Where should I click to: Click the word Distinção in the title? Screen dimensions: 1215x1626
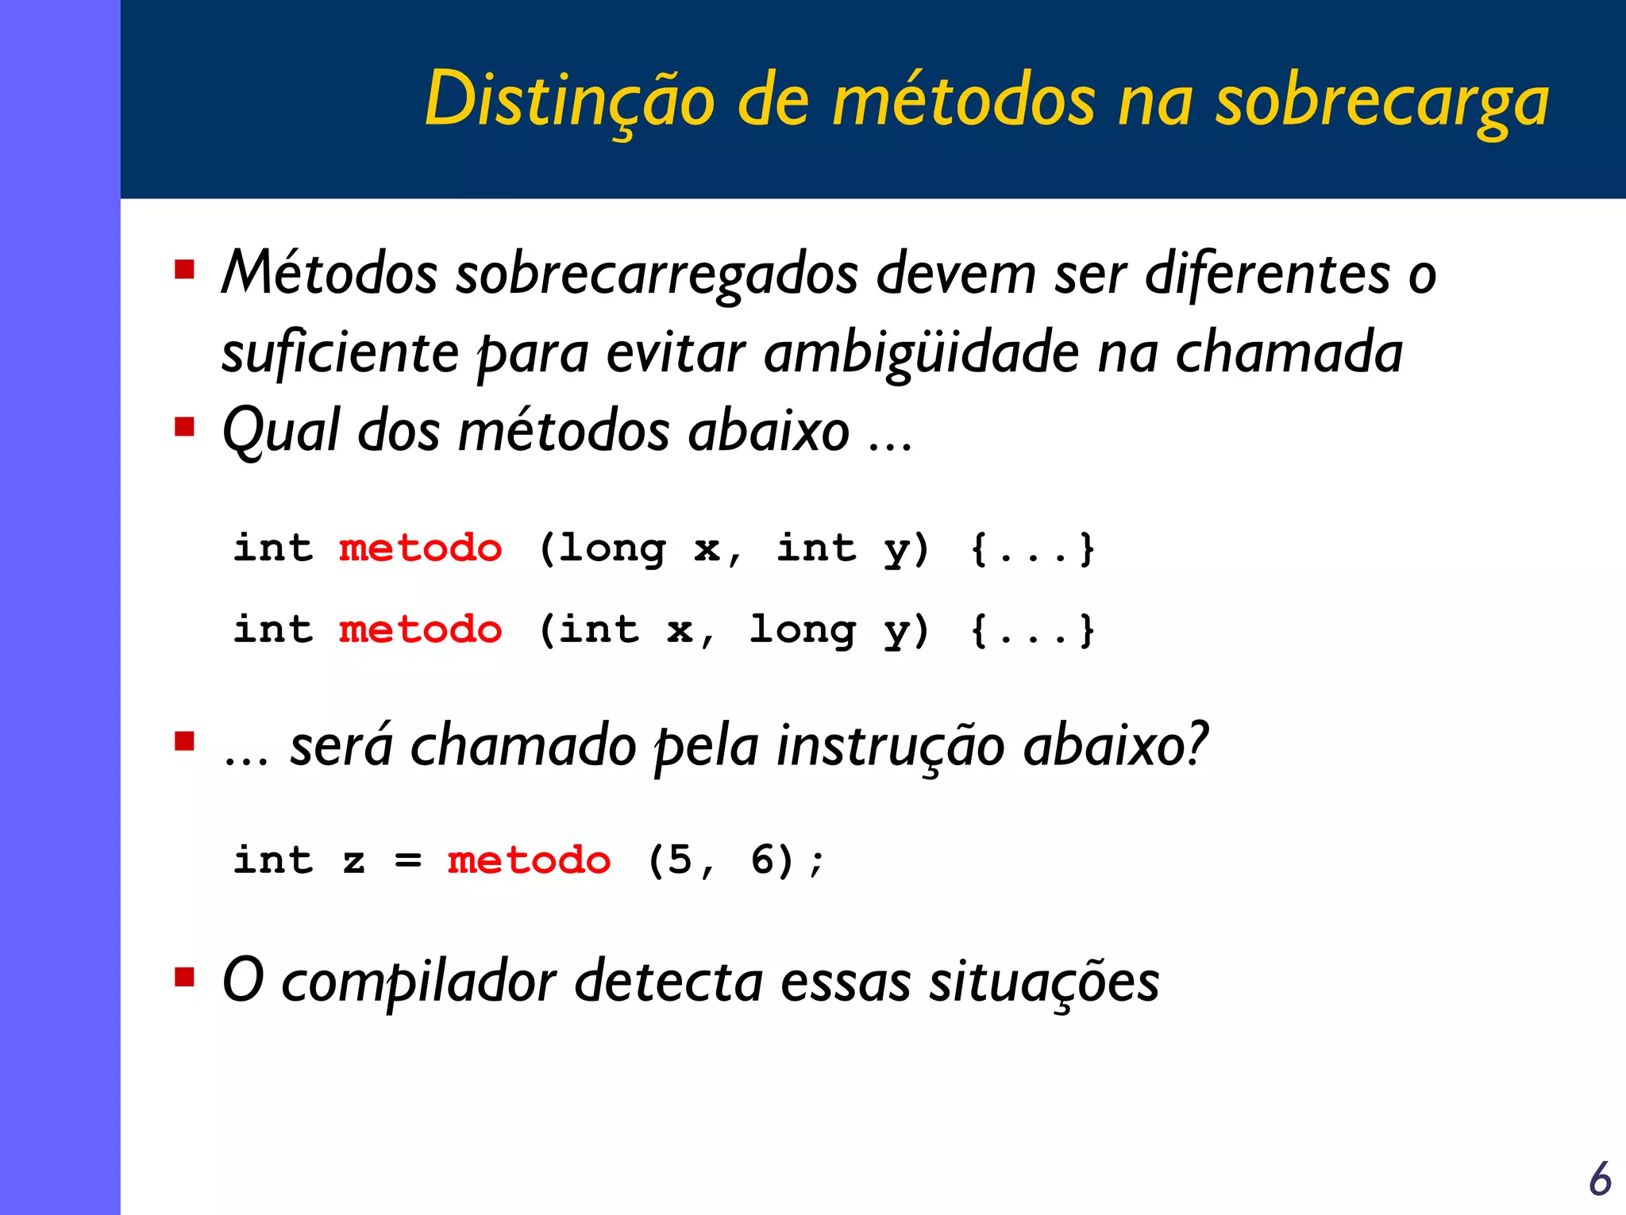pyautogui.click(x=569, y=99)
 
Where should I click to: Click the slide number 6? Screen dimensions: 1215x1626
pyautogui.click(x=1600, y=1178)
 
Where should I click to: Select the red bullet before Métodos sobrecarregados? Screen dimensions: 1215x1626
pyautogui.click(x=185, y=270)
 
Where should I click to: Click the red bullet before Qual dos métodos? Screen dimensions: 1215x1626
pyautogui.click(x=185, y=427)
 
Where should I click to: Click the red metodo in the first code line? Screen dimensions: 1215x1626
pyautogui.click(x=420, y=548)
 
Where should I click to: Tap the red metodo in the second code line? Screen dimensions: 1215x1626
pyautogui.click(x=420, y=630)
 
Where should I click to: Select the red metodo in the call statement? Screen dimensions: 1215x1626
pyautogui.click(x=529, y=860)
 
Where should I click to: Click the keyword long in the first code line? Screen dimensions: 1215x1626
pyautogui.click(x=612, y=549)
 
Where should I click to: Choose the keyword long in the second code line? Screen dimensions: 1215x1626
pyautogui.click(x=802, y=631)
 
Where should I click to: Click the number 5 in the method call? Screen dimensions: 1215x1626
pyautogui.click(x=680, y=860)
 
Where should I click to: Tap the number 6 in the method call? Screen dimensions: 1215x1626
pyautogui.click(x=762, y=860)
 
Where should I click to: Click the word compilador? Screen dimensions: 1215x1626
pyautogui.click(x=418, y=982)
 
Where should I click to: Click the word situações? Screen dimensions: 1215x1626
pyautogui.click(x=1044, y=982)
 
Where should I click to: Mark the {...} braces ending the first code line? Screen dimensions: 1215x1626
pyautogui.click(x=1032, y=549)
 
